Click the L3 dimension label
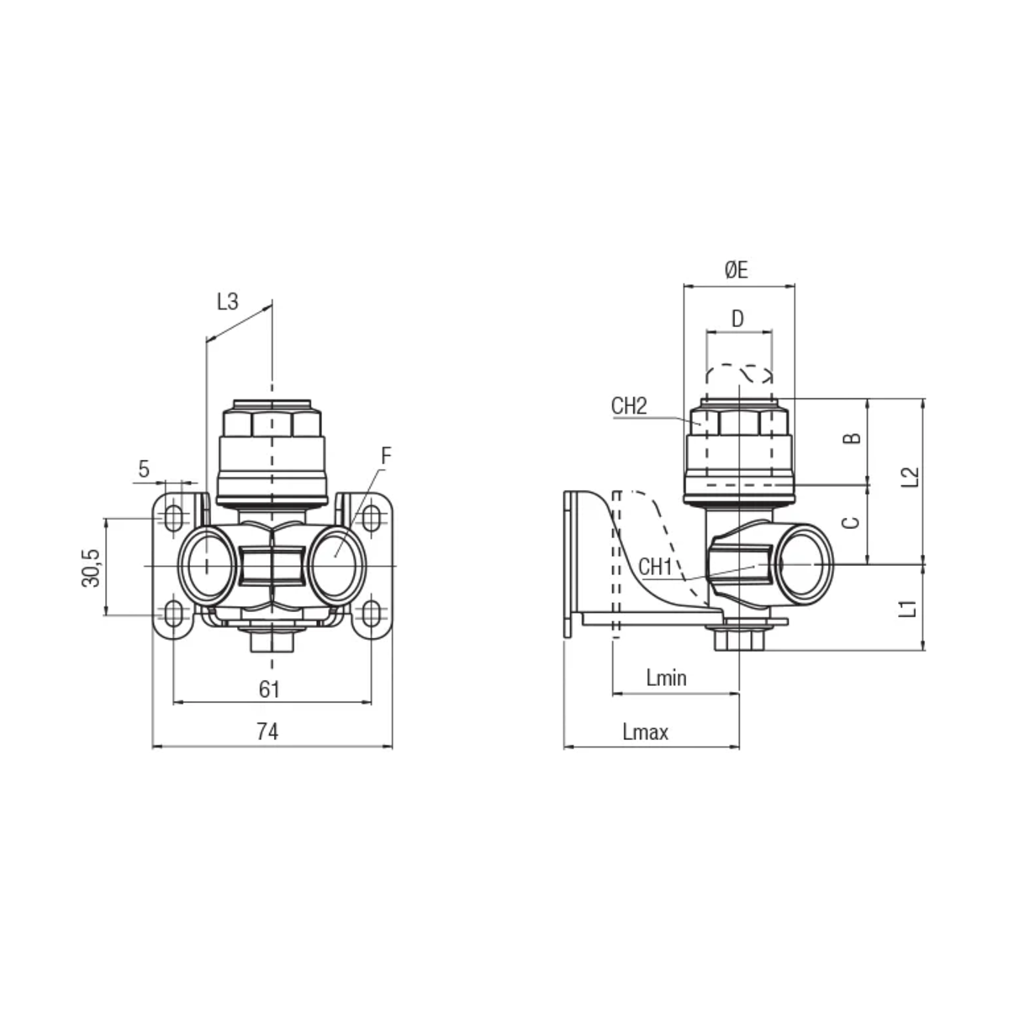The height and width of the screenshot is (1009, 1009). [x=228, y=302]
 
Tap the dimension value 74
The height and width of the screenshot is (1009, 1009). [x=267, y=732]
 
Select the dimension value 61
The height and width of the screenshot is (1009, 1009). [x=269, y=689]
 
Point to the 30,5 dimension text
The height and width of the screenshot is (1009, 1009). [x=91, y=568]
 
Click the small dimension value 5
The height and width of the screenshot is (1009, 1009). [x=144, y=469]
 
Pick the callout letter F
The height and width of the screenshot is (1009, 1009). [x=386, y=457]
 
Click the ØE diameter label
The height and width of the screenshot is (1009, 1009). [x=737, y=270]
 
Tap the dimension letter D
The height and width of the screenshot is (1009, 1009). [x=737, y=319]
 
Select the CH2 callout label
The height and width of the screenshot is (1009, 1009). [x=630, y=406]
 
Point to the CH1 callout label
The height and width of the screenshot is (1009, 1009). [x=655, y=567]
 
